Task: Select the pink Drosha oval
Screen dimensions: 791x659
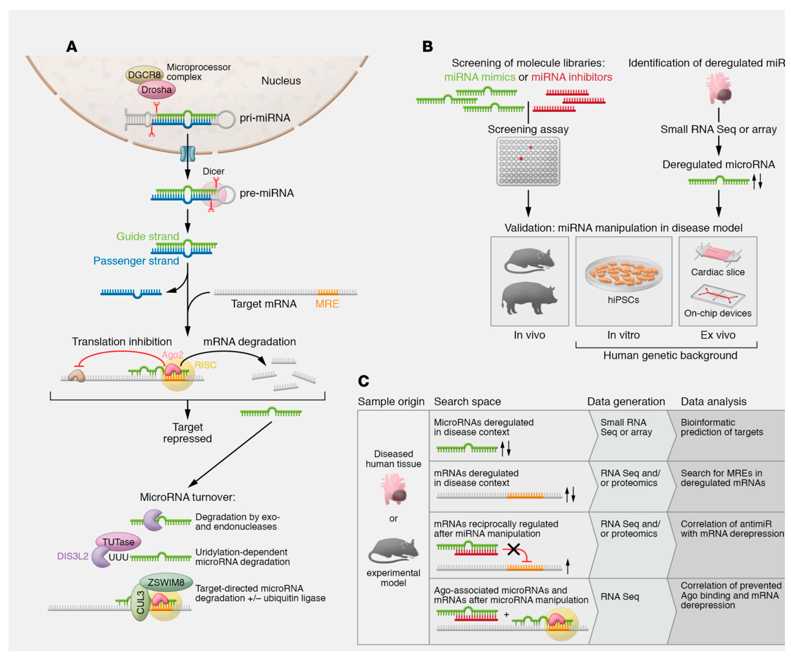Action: [x=156, y=90]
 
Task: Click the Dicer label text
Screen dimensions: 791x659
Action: [x=214, y=171]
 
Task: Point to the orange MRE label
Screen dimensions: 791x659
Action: [x=327, y=304]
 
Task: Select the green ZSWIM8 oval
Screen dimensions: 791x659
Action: [x=166, y=582]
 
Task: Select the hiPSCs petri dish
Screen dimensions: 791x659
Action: [x=624, y=274]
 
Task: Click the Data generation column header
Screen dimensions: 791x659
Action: [x=626, y=402]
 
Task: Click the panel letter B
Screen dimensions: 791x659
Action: [x=427, y=47]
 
